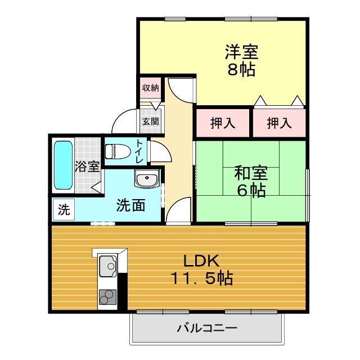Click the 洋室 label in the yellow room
(242, 52)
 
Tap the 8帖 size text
(242, 70)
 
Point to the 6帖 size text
(251, 191)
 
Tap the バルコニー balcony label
(207, 327)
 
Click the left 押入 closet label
(223, 123)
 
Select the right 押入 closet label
(278, 123)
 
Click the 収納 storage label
(150, 88)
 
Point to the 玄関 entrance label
(150, 121)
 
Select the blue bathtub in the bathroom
(63, 166)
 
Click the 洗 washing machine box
(64, 210)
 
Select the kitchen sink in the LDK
(108, 266)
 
